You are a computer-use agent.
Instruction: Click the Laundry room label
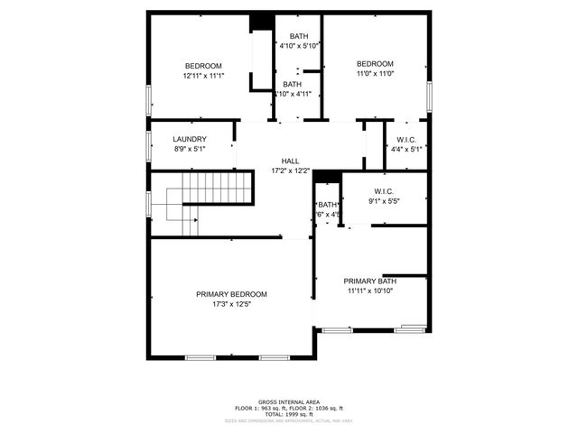pos(190,139)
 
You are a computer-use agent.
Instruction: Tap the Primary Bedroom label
pos(232,294)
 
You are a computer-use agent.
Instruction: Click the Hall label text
pos(290,161)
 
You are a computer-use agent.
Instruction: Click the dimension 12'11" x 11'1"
pos(203,76)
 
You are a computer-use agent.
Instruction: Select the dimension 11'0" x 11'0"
pos(375,74)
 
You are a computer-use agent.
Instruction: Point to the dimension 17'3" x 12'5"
pos(232,305)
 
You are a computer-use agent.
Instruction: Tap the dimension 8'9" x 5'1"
pos(190,149)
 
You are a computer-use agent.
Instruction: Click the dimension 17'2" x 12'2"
pos(290,170)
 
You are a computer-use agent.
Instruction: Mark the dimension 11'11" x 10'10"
pos(371,291)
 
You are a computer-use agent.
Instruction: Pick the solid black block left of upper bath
pos(261,21)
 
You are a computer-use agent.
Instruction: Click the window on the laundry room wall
pos(149,143)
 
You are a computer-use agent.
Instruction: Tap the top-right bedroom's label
pos(375,63)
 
